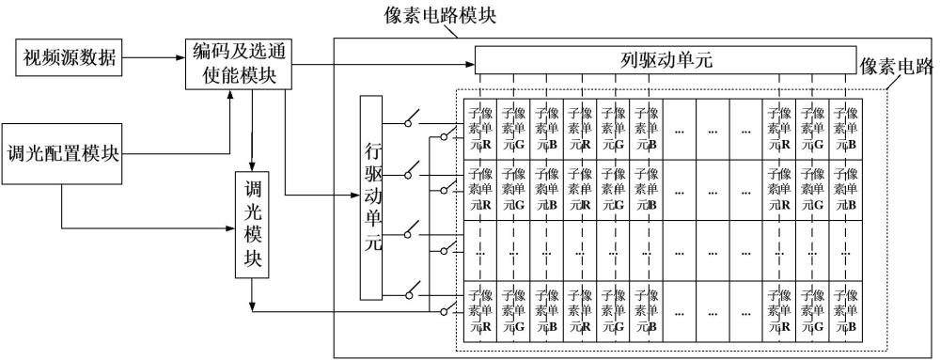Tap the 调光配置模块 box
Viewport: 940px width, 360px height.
coord(63,154)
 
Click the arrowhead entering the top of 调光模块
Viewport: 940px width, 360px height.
coord(252,166)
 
